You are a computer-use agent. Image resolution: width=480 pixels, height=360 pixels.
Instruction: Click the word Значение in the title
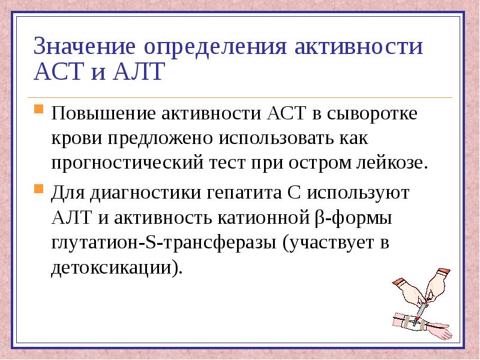click(x=85, y=46)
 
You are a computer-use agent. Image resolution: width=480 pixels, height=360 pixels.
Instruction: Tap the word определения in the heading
click(x=215, y=47)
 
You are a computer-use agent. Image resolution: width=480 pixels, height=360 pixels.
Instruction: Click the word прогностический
click(x=127, y=163)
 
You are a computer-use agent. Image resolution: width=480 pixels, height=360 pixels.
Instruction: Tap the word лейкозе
click(x=392, y=163)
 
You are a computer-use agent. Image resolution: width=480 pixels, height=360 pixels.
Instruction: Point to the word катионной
click(x=264, y=218)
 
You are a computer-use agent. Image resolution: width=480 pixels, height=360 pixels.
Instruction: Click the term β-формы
click(x=353, y=218)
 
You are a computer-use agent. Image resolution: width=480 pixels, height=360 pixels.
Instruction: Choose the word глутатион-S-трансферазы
click(x=164, y=243)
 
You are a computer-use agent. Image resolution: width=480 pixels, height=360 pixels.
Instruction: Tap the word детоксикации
click(x=112, y=268)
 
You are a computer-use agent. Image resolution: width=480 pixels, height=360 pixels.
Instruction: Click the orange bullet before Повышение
click(x=38, y=109)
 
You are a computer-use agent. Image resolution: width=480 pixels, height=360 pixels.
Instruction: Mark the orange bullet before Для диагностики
click(x=38, y=188)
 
